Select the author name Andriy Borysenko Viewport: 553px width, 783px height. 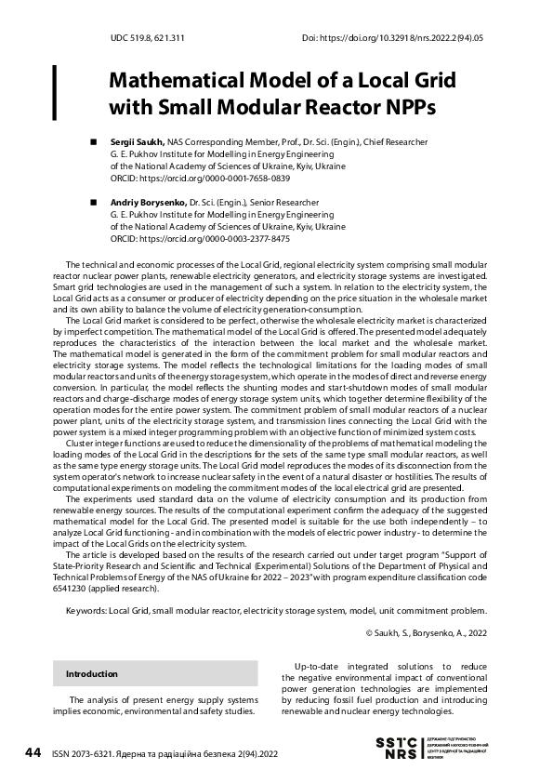click(149, 202)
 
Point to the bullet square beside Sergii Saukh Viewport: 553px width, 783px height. click(92, 142)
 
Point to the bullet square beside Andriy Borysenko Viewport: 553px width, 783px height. click(92, 202)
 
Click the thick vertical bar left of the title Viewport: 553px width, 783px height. click(54, 92)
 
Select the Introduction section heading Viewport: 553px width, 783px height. click(92, 673)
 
